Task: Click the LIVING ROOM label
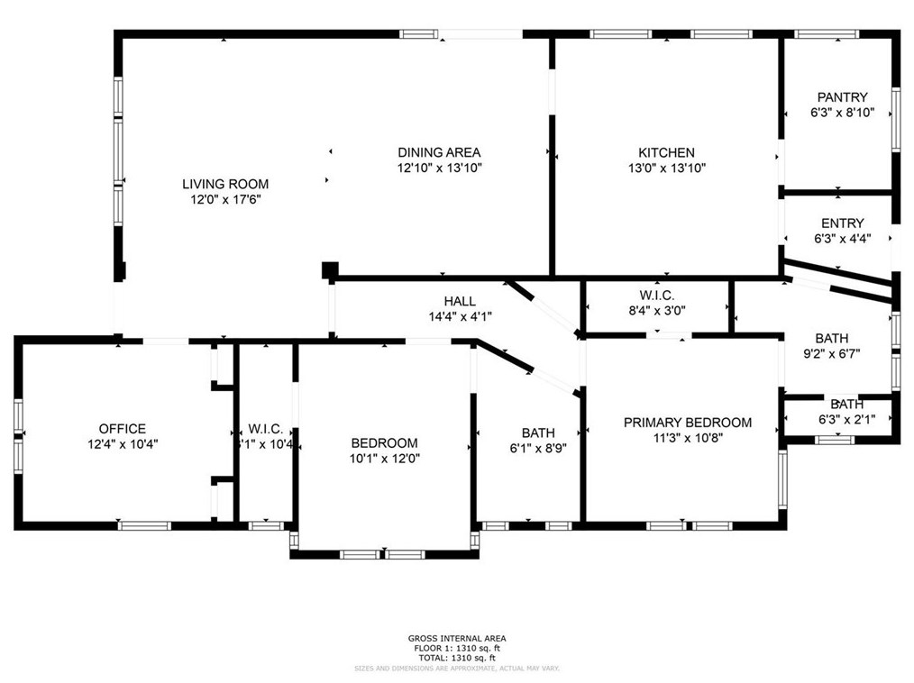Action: [x=225, y=184]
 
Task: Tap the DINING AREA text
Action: [x=439, y=152]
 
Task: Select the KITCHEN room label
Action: [x=666, y=152]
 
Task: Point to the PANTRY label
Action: [x=842, y=97]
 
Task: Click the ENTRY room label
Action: [x=842, y=223]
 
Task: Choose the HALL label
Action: [x=460, y=301]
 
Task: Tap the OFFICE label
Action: [x=122, y=429]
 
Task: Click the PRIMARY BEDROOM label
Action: [x=689, y=423]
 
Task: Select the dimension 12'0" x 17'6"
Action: [x=225, y=199]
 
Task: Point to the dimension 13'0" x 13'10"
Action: [x=666, y=168]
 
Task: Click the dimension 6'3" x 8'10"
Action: [x=842, y=114]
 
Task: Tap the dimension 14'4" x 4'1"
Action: [x=460, y=316]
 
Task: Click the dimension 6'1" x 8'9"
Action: [x=538, y=448]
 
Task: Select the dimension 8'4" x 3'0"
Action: [x=656, y=311]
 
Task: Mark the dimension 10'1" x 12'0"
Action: [x=384, y=458]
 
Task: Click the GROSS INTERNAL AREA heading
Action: [x=456, y=638]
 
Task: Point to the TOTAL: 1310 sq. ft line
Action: [x=456, y=658]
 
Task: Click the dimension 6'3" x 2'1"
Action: [x=845, y=419]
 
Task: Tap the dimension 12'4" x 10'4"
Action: [x=122, y=444]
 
